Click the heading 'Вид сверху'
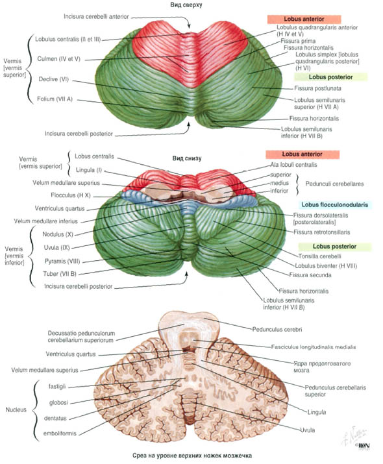pyautogui.click(x=186, y=5)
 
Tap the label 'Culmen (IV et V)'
pyautogui.click(x=58, y=59)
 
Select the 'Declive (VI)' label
pyautogui.click(x=54, y=79)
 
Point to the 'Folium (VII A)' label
pyautogui.click(x=55, y=99)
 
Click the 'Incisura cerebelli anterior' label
pyautogui.click(x=96, y=17)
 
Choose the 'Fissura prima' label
pyautogui.click(x=298, y=41)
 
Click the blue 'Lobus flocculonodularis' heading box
pyautogui.click(x=335, y=204)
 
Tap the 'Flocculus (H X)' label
pyautogui.click(x=71, y=195)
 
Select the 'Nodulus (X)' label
pyautogui.click(x=57, y=234)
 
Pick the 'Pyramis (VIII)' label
pyautogui.click(x=62, y=261)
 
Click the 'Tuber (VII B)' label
pyautogui.click(x=60, y=274)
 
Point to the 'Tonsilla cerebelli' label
pyautogui.click(x=319, y=256)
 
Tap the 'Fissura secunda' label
pyautogui.click(x=310, y=275)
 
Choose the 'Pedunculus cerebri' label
pyautogui.click(x=277, y=329)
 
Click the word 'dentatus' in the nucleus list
pyautogui.click(x=55, y=418)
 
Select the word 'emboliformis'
pyautogui.click(x=60, y=433)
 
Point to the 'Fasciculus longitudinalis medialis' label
pyautogui.click(x=314, y=347)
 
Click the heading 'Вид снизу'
pyautogui.click(x=187, y=158)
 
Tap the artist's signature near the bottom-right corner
pyautogui.click(x=354, y=437)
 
